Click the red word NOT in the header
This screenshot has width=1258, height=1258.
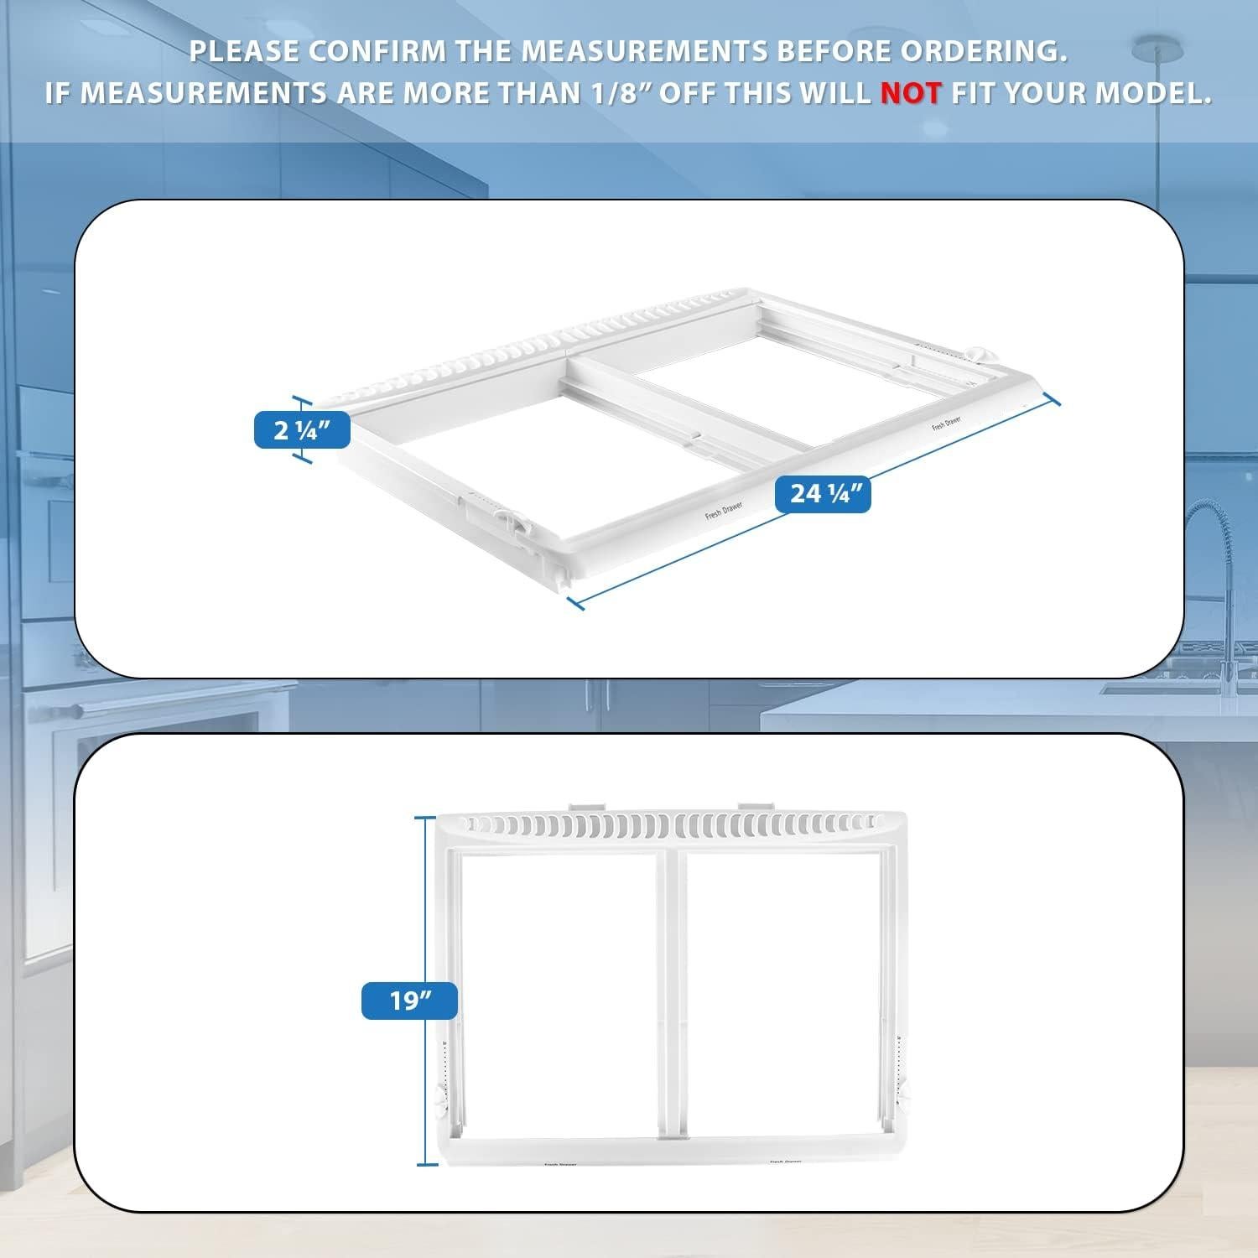(911, 93)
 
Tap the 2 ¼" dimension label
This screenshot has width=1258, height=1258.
(302, 431)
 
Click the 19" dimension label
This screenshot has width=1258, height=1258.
(409, 1001)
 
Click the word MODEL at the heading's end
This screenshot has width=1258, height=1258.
(1153, 93)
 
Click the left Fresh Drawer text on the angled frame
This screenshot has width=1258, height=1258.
(724, 511)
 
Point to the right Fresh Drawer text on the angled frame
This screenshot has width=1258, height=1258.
(946, 424)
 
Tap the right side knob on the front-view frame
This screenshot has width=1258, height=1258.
(906, 1094)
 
